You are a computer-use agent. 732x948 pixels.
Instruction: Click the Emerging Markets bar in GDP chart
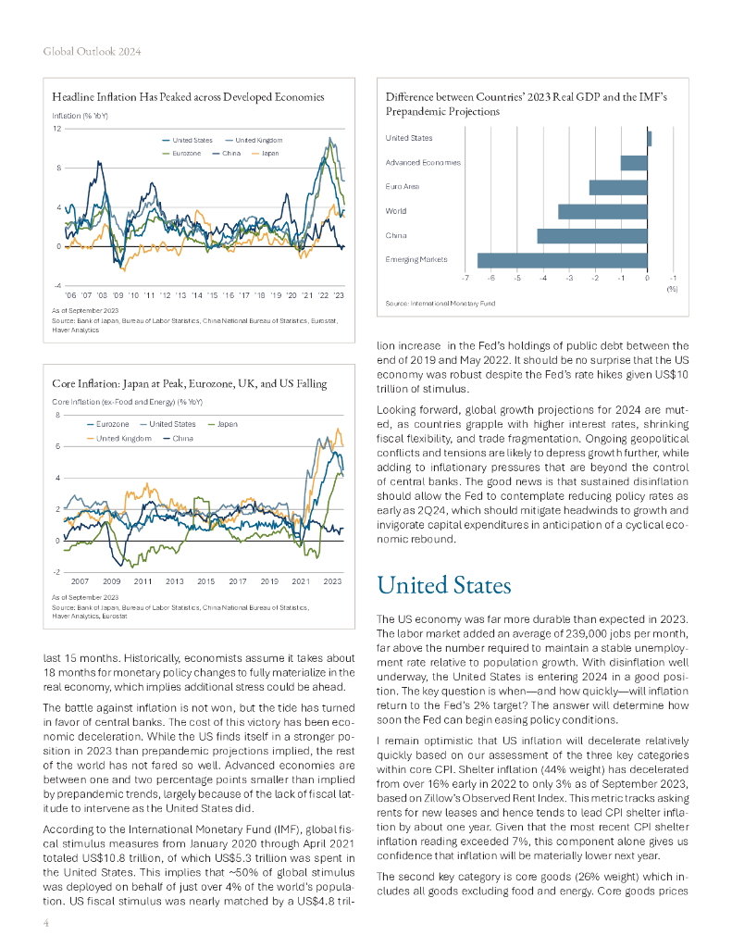(562, 260)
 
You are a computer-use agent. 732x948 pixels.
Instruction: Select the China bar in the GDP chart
(592, 236)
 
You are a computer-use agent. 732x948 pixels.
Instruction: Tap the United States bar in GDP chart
(650, 138)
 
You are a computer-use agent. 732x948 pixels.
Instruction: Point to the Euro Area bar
(618, 187)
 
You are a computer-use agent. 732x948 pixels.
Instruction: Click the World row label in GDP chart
(395, 211)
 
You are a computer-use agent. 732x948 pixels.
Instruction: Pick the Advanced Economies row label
(422, 162)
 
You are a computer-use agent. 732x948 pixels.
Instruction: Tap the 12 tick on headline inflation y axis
(57, 128)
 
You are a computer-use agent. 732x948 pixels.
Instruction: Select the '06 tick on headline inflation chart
(70, 294)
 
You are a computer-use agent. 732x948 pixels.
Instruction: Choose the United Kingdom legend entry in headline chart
(258, 140)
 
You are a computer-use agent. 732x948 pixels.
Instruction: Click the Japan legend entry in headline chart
(269, 152)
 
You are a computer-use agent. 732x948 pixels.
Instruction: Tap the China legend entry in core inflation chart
(182, 437)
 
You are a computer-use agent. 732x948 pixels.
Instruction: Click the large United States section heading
(444, 586)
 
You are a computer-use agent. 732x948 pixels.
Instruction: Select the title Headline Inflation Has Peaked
(188, 96)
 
